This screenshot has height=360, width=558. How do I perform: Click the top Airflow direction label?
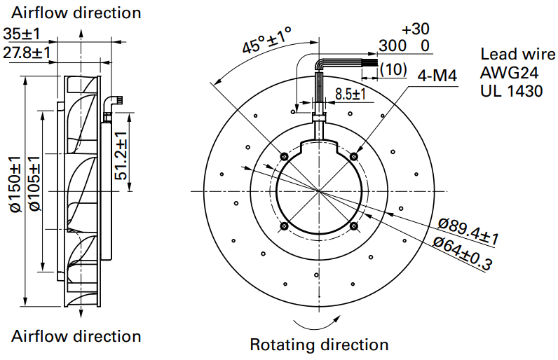[x=76, y=13]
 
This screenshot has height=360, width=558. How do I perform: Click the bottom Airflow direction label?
[x=76, y=336]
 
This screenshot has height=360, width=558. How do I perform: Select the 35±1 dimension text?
[x=22, y=34]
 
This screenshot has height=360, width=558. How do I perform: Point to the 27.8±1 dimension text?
[x=27, y=52]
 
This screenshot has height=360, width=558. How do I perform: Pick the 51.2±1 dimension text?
[x=121, y=155]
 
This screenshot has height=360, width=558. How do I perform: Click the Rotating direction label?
[x=319, y=345]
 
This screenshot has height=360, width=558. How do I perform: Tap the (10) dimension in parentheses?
[x=394, y=69]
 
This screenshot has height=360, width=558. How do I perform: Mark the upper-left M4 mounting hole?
[x=284, y=155]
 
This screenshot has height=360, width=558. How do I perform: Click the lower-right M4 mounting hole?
[x=354, y=226]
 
